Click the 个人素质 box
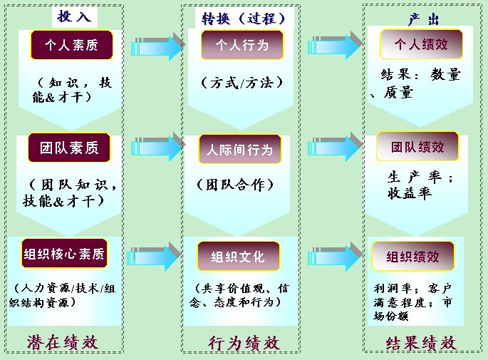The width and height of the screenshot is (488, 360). coord(71,45)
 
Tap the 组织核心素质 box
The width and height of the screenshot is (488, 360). coord(64,254)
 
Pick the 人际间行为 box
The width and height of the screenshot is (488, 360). coord(240,150)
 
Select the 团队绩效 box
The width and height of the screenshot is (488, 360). coord(417,147)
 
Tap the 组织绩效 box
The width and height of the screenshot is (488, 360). coord(413,256)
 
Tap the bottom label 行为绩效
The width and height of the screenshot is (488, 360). coord(243,342)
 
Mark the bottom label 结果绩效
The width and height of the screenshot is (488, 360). coord(420,342)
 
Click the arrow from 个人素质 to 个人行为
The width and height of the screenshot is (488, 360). coord(157,46)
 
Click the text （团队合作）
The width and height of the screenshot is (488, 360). coord(235,185)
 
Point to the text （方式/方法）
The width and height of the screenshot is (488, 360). coord(242,82)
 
